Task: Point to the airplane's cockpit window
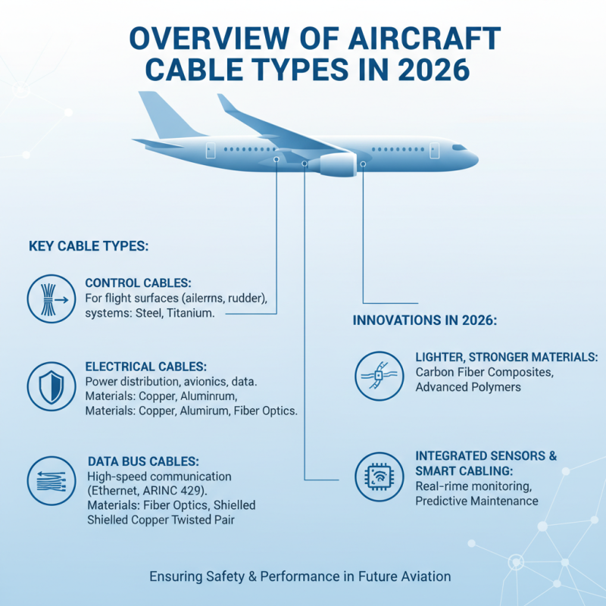pos(459,147)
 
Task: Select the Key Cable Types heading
pos(88,247)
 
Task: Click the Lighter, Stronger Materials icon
pos(376,373)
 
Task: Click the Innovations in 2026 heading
pos(424,320)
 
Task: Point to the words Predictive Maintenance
pos(476,501)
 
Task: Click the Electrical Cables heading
pos(145,366)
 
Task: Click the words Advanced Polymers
pos(468,387)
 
